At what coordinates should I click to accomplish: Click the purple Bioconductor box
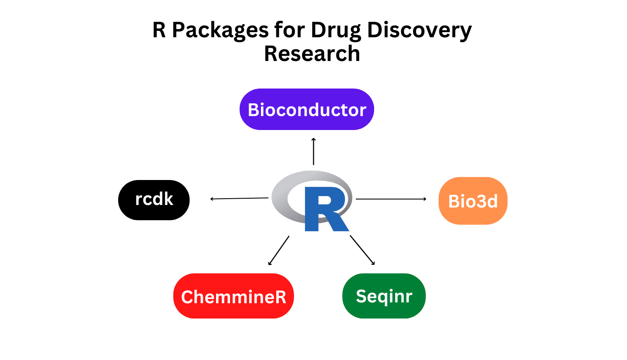pos(306,109)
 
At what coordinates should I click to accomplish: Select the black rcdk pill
pos(154,200)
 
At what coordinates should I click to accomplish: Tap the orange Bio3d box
pos(473,201)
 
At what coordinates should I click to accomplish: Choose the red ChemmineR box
pos(233,296)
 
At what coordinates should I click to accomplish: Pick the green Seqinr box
pos(384,296)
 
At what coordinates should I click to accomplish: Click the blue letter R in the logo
pos(326,209)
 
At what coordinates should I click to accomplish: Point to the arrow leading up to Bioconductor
pos(313,152)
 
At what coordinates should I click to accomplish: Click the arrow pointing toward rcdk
pos(239,199)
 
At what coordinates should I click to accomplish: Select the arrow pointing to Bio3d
pos(391,199)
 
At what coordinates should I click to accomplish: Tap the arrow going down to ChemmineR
pos(279,250)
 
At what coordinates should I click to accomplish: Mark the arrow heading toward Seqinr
pos(362,250)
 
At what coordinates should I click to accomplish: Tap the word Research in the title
pos(312,53)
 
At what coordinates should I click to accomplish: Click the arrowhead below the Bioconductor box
pos(313,139)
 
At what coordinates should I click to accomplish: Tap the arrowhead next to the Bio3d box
pos(424,199)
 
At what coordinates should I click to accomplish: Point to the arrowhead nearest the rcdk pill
pos(212,199)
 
